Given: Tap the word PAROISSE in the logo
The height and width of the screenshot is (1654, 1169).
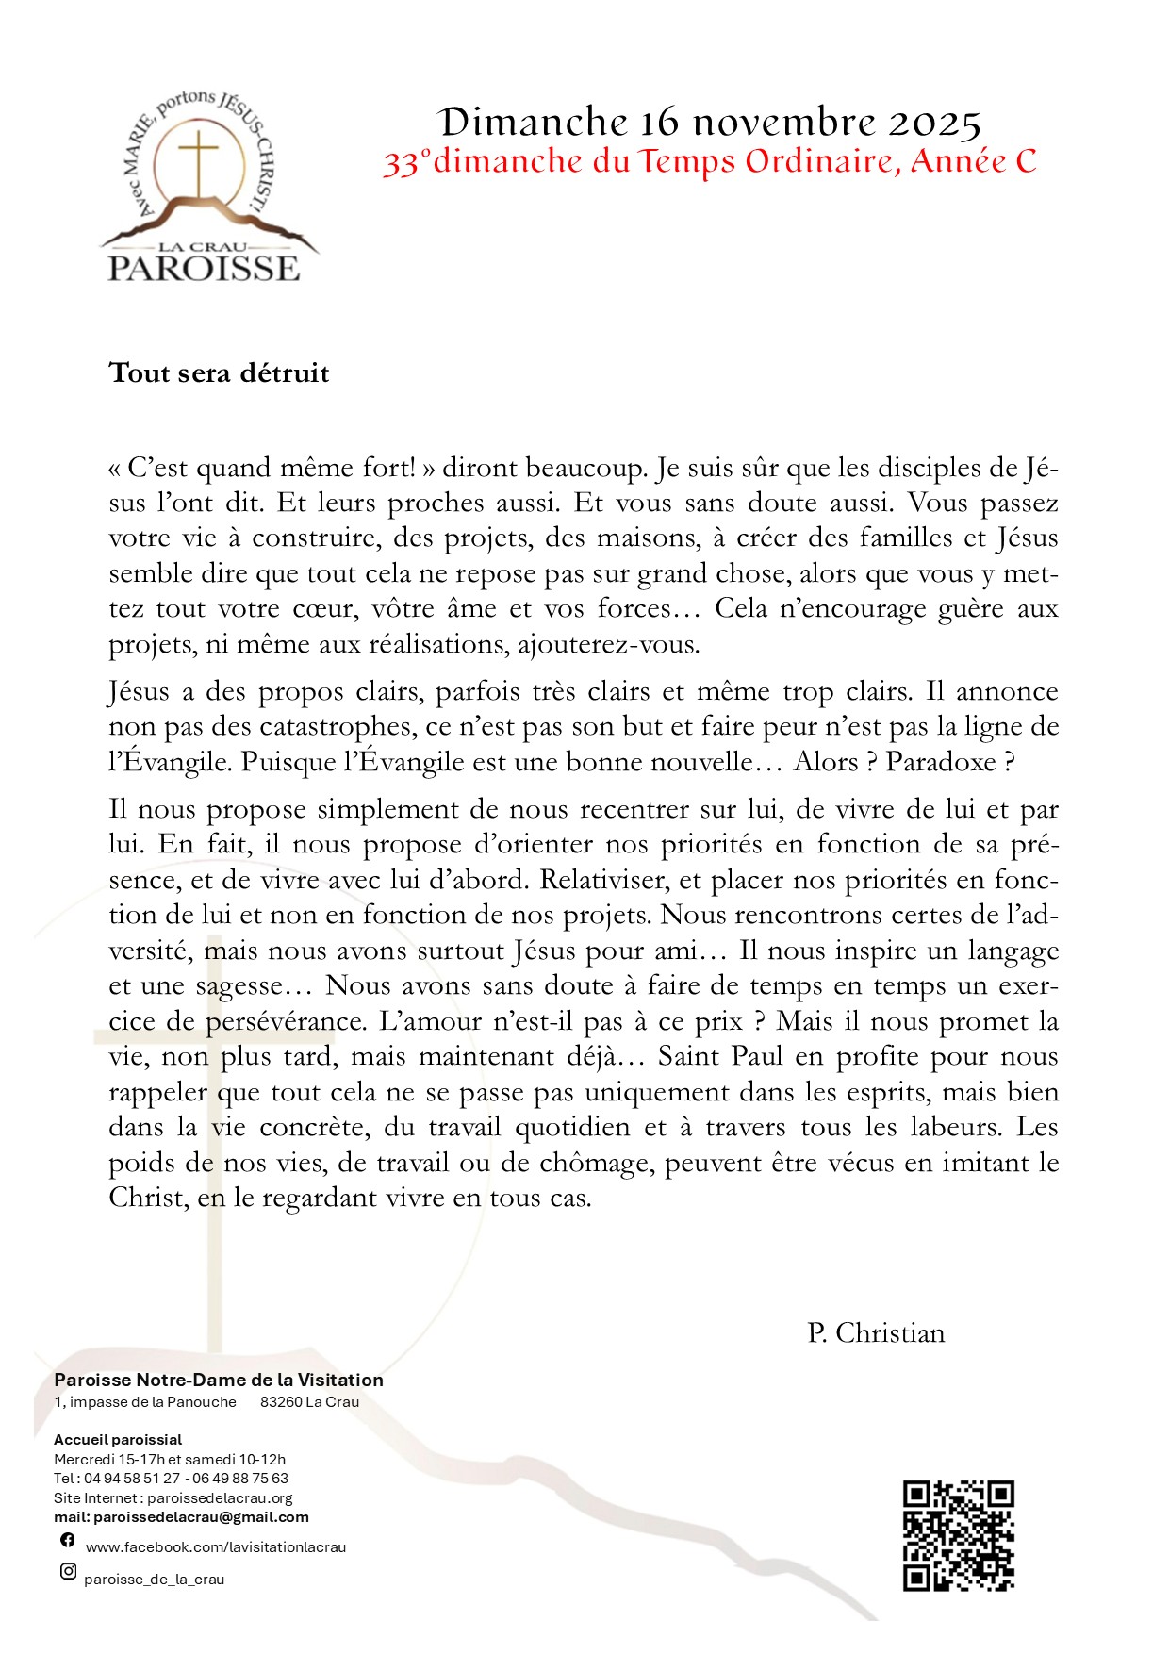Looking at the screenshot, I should tap(204, 269).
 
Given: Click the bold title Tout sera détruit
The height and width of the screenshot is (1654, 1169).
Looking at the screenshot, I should tap(219, 373).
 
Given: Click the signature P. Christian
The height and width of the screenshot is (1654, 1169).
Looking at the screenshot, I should tap(876, 1333).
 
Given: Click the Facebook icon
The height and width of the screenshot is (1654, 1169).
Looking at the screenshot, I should tap(68, 1540).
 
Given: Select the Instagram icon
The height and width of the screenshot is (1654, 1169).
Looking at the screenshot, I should tap(68, 1571).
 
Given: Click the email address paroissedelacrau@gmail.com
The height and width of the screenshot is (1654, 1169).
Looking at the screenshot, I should tap(201, 1517).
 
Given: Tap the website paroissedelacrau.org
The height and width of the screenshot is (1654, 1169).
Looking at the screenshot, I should tap(220, 1497).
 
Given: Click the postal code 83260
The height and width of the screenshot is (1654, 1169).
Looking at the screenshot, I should tap(281, 1402).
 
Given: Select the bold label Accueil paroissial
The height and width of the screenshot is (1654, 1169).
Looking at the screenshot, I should tap(118, 1440).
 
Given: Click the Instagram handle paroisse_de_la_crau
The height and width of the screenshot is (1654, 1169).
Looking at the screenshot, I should tap(155, 1580).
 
